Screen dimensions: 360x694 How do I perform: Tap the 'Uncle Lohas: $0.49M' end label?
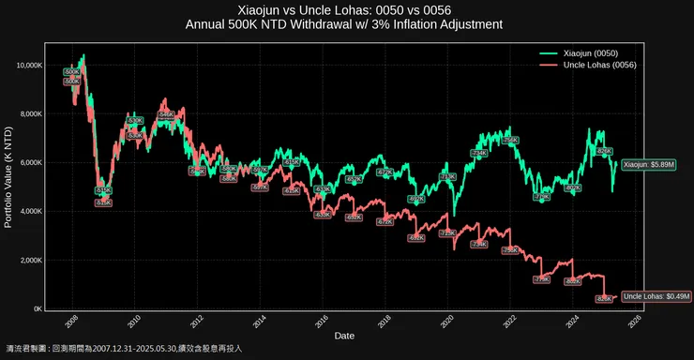[x=656, y=296]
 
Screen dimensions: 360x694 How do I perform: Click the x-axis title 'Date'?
[x=344, y=337]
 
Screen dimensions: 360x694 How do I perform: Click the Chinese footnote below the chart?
[x=124, y=348]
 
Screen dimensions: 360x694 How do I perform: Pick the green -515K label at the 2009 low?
[x=103, y=190]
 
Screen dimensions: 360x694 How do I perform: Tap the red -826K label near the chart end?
[x=605, y=299]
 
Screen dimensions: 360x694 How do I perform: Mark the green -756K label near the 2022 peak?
[x=510, y=140]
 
